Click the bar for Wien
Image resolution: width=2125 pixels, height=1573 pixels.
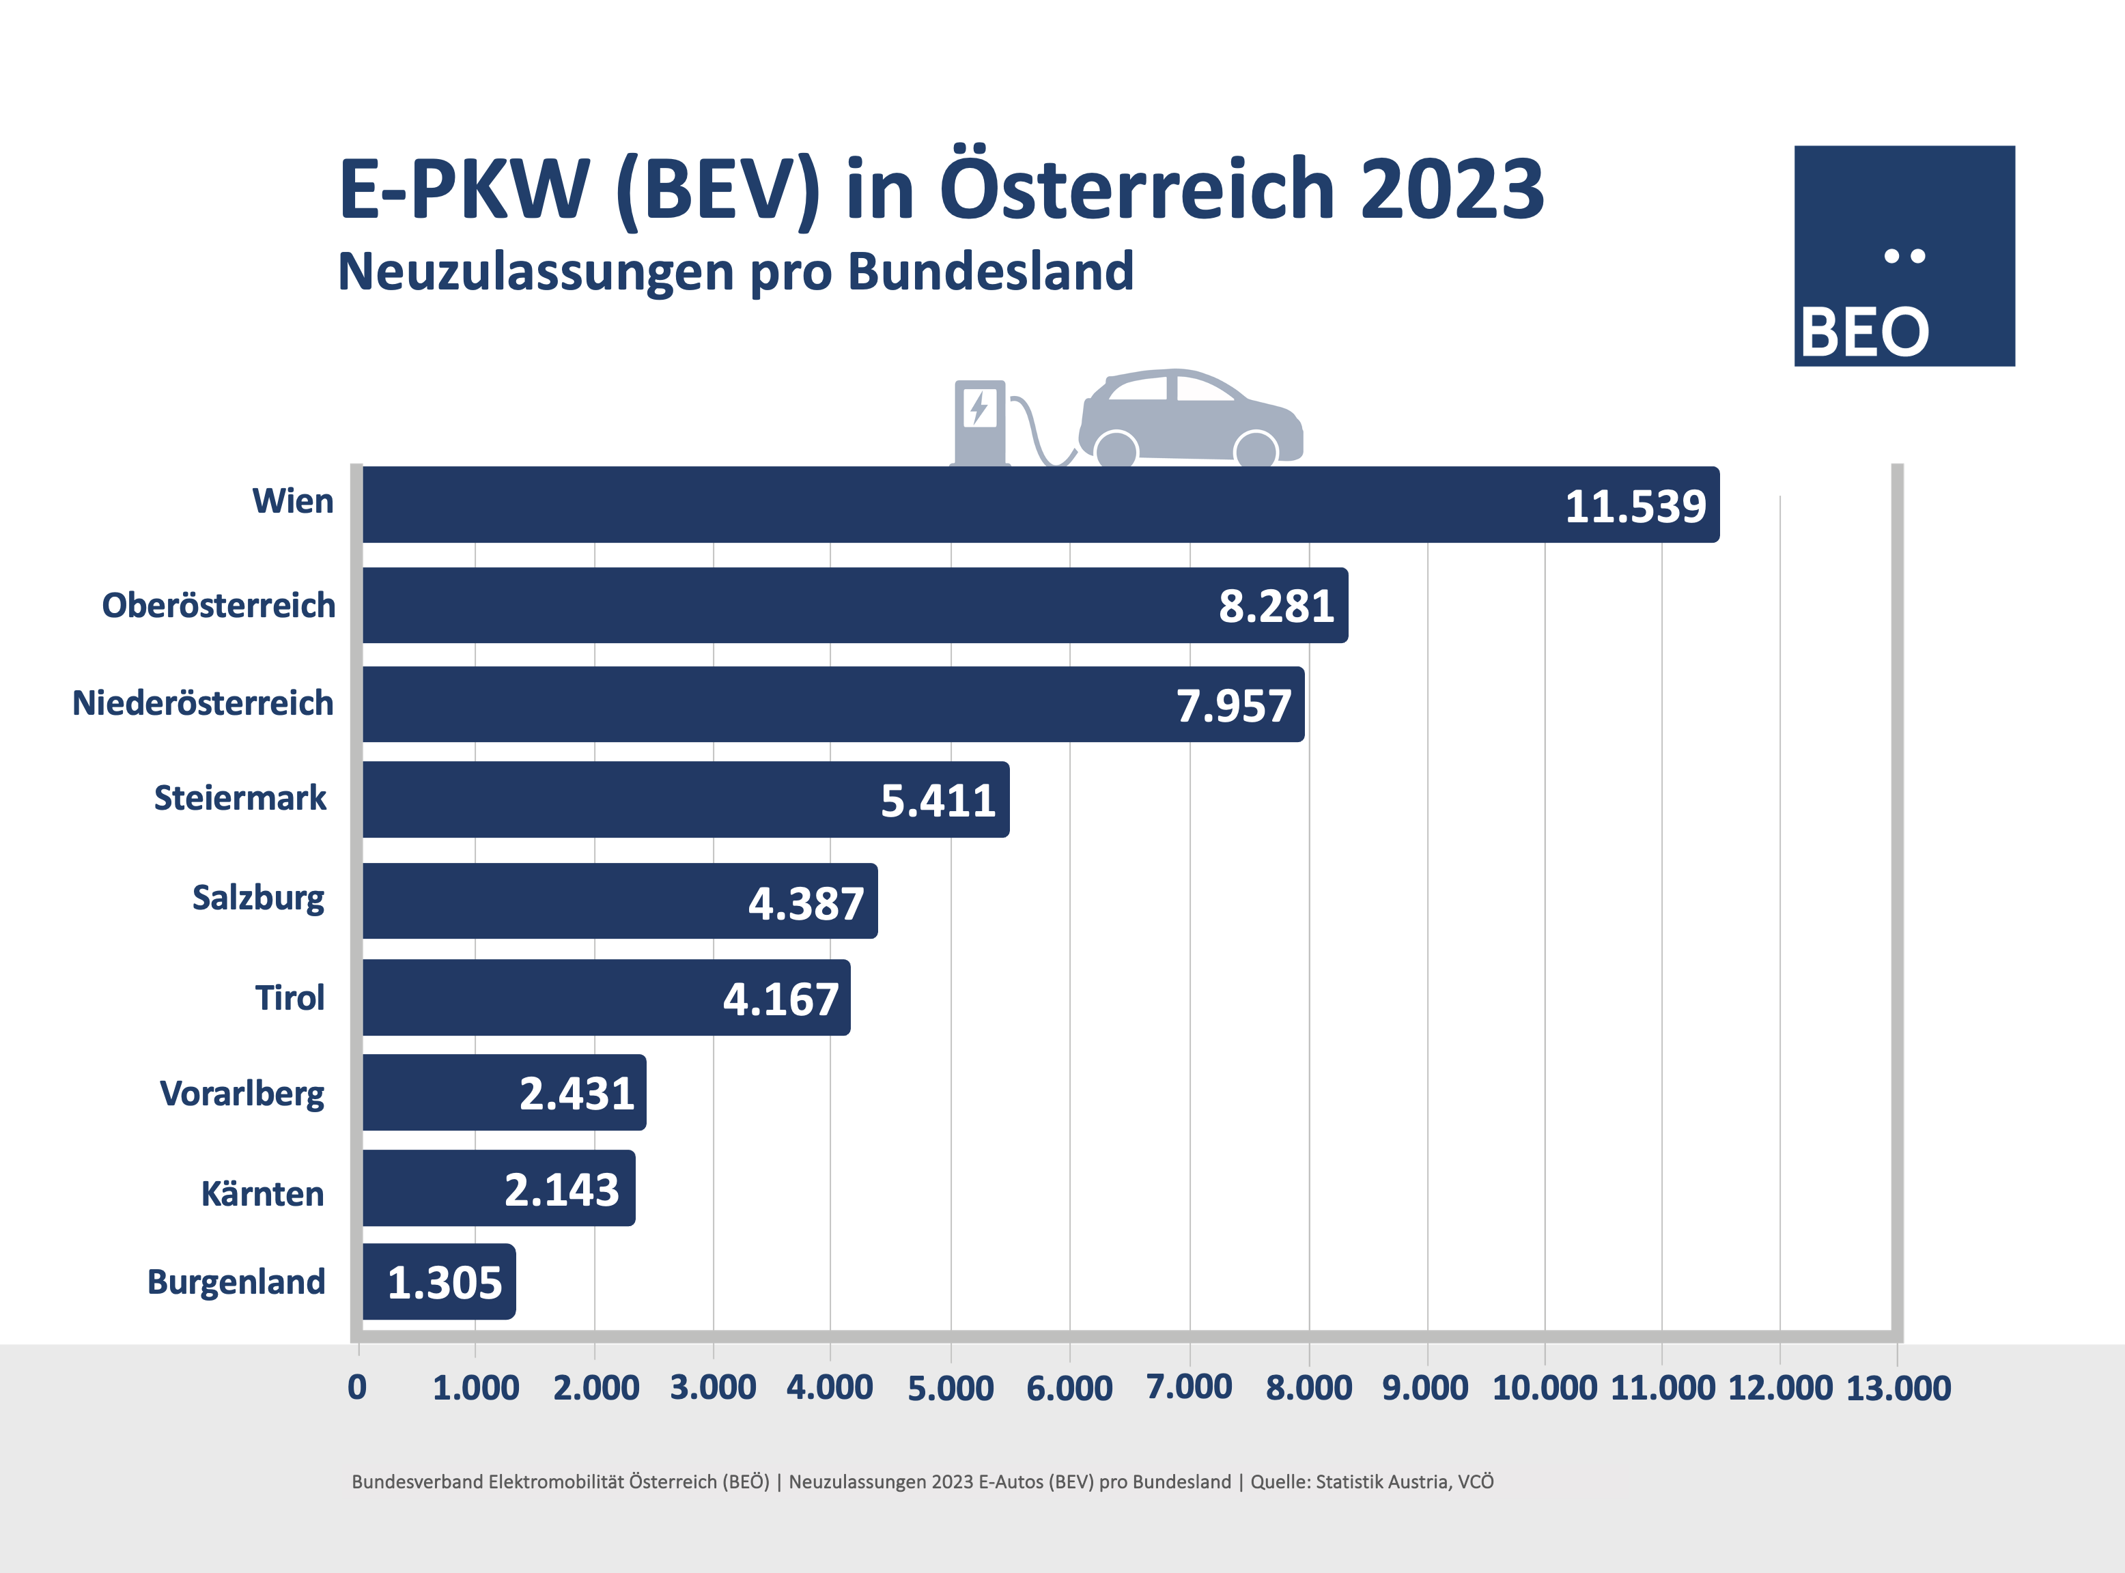[952, 505]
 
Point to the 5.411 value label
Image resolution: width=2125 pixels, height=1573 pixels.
[938, 801]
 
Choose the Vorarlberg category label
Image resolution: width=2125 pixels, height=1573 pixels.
[242, 1094]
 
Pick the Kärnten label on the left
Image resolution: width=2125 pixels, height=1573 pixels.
[262, 1194]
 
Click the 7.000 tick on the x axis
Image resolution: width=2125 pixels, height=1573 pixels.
[1189, 1387]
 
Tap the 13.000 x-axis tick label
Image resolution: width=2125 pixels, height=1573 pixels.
[1898, 1388]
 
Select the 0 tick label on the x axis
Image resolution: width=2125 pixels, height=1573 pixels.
[357, 1388]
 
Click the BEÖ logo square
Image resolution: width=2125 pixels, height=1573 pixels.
[1904, 255]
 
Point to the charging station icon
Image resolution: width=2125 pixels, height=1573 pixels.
[981, 422]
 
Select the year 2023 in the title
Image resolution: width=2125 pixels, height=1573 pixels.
[1452, 188]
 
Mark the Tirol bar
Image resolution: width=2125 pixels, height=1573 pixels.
[606, 997]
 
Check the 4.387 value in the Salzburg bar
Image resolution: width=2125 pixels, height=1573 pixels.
[806, 903]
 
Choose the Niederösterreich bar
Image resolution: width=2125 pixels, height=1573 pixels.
[833, 705]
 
